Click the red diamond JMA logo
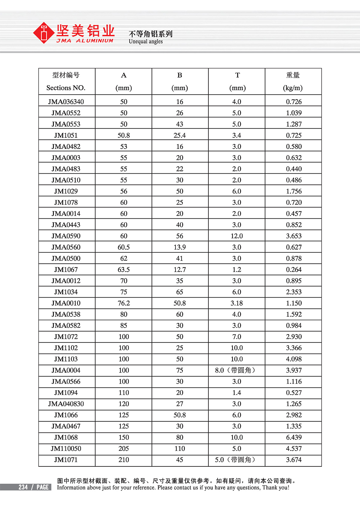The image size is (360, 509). [x=44, y=33]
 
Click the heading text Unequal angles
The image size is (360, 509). [x=146, y=41]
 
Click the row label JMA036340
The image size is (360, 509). [x=66, y=102]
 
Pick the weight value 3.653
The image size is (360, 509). [x=294, y=236]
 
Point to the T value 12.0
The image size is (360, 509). [x=237, y=236]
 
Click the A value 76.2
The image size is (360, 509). [x=124, y=303]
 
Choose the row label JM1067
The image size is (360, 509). [x=66, y=270]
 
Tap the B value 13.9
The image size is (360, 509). [x=180, y=247]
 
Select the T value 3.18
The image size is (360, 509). [x=237, y=303]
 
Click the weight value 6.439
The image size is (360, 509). [x=294, y=437]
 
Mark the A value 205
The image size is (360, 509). [x=124, y=449]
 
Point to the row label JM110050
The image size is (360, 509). [x=66, y=449]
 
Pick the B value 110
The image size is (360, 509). [x=180, y=449]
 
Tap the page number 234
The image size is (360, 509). [x=23, y=487]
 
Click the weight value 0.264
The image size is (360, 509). [x=294, y=270]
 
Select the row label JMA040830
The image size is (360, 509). [x=66, y=404]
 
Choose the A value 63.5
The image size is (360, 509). [x=124, y=270]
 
